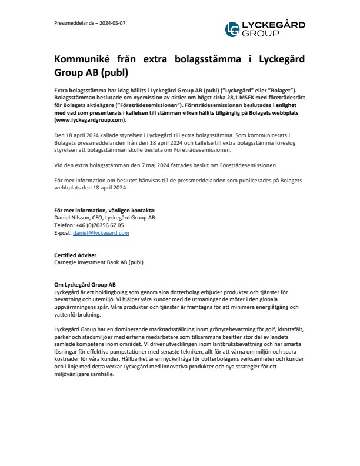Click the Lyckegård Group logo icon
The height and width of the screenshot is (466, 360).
233,29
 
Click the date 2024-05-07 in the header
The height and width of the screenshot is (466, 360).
112,23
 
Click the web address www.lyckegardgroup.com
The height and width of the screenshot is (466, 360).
90,119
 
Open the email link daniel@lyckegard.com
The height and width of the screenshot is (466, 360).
101,233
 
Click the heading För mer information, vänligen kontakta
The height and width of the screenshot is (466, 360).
101,210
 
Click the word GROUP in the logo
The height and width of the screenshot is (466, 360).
260,34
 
